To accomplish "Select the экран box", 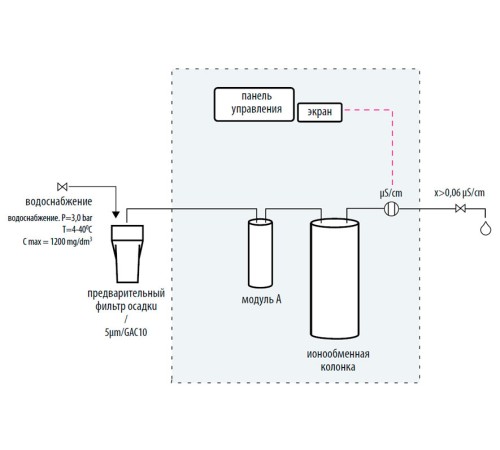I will click(x=320, y=112).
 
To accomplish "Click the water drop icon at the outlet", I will click(x=485, y=228).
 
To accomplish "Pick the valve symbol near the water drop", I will click(x=460, y=209).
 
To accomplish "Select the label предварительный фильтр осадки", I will click(x=127, y=298).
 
